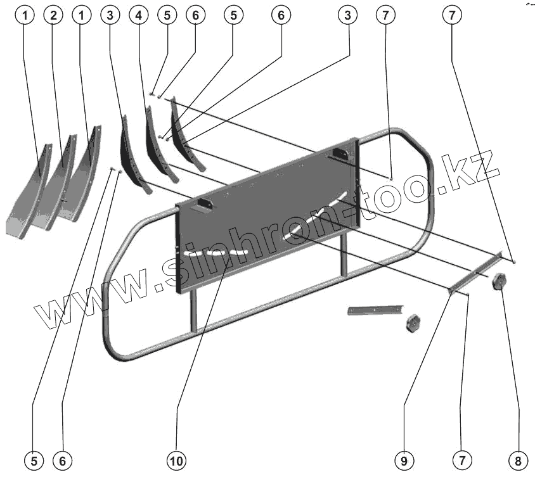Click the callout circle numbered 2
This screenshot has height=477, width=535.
[53, 17]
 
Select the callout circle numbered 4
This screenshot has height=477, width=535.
[138, 17]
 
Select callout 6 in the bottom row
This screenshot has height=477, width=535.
[62, 459]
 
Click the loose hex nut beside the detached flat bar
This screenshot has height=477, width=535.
[413, 322]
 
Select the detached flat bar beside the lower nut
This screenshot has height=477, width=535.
[371, 310]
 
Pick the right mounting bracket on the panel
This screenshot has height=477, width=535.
[340, 154]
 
